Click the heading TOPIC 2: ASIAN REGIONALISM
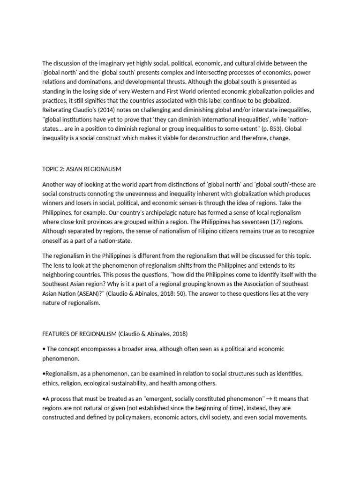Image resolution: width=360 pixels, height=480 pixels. click(x=82, y=169)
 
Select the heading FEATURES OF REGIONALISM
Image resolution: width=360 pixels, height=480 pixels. click(x=79, y=334)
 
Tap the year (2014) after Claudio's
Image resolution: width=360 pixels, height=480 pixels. click(x=107, y=110)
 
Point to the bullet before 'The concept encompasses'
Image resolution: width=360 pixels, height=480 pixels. click(x=44, y=349)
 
